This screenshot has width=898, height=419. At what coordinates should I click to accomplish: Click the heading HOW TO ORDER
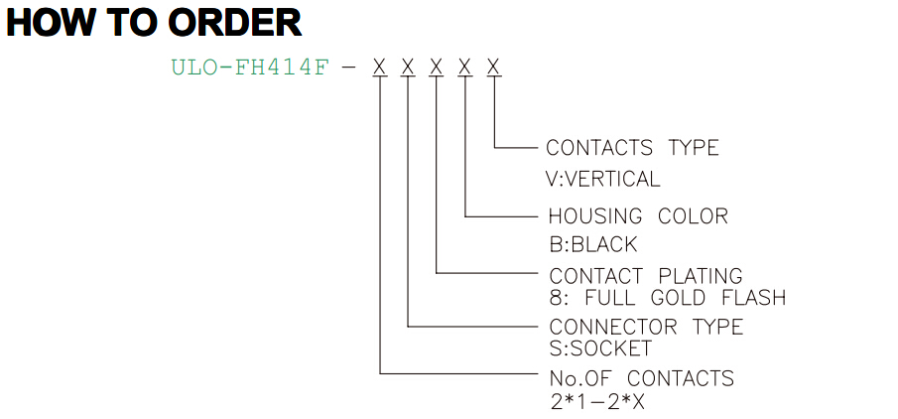(154, 23)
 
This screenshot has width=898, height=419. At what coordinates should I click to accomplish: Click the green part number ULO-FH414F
(251, 68)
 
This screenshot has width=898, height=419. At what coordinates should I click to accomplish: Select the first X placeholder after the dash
(380, 68)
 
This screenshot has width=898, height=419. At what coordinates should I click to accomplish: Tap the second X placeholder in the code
(408, 68)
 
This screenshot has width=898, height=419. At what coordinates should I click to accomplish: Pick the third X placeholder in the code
(437, 68)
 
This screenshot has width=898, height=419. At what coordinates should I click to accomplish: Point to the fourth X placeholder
(465, 68)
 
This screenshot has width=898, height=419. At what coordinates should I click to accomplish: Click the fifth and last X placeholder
(494, 68)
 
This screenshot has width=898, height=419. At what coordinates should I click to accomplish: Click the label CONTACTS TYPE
(632, 148)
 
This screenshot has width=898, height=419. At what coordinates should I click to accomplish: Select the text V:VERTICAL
(603, 179)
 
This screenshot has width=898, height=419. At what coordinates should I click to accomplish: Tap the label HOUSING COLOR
(639, 216)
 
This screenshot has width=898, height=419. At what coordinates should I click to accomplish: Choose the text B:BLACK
(592, 245)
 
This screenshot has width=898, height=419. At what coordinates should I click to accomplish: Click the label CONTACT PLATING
(646, 276)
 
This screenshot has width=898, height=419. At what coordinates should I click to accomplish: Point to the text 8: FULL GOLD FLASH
(668, 298)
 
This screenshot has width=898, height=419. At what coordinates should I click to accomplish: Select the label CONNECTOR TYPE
(646, 327)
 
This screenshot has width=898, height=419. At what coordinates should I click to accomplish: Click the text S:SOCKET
(600, 348)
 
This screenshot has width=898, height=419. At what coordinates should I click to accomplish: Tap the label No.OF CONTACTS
(641, 378)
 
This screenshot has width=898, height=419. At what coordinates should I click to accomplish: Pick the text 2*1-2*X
(597, 401)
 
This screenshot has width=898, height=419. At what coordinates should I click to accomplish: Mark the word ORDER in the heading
(235, 23)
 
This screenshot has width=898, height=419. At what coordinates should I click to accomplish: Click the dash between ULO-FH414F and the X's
(348, 69)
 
